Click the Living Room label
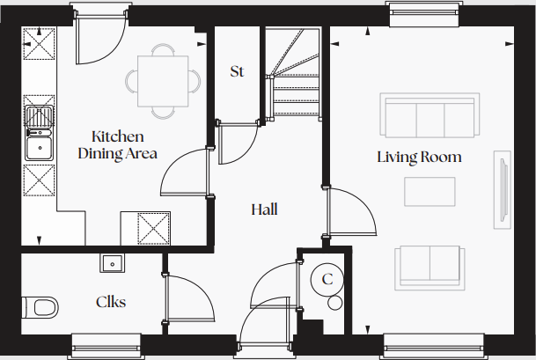(x=419, y=158)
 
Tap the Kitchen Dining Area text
(x=117, y=145)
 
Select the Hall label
(x=264, y=209)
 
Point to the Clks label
(x=110, y=302)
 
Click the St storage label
(x=237, y=71)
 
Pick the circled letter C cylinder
(x=327, y=280)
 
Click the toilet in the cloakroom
(x=40, y=307)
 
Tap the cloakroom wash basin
(x=112, y=262)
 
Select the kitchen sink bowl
(x=40, y=145)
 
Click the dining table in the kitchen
(x=163, y=79)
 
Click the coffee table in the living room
(x=430, y=190)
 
